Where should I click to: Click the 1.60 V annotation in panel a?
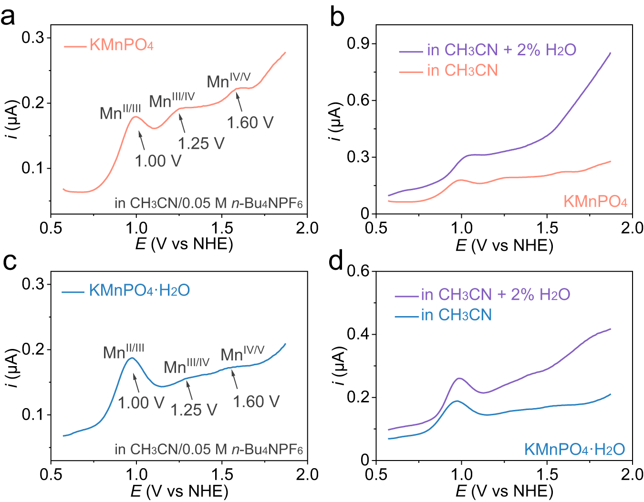pyautogui.click(x=250, y=123)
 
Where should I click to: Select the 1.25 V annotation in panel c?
pyautogui.click(x=194, y=410)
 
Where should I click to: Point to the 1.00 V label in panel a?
pyautogui.click(x=158, y=161)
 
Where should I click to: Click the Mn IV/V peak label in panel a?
pyautogui.click(x=229, y=81)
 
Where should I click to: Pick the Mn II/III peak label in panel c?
pyautogui.click(x=124, y=352)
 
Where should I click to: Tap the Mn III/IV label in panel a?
pyautogui.click(x=172, y=101)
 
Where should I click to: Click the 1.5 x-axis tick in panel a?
pyautogui.click(x=222, y=228)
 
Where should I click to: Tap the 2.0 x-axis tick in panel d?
pyautogui.click(x=632, y=474)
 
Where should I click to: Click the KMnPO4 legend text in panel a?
pyautogui.click(x=121, y=45)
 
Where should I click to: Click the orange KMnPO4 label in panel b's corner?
pyautogui.click(x=595, y=202)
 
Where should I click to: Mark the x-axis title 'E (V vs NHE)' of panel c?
pyautogui.click(x=179, y=491)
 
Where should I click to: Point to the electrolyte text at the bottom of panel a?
pyautogui.click(x=208, y=203)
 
